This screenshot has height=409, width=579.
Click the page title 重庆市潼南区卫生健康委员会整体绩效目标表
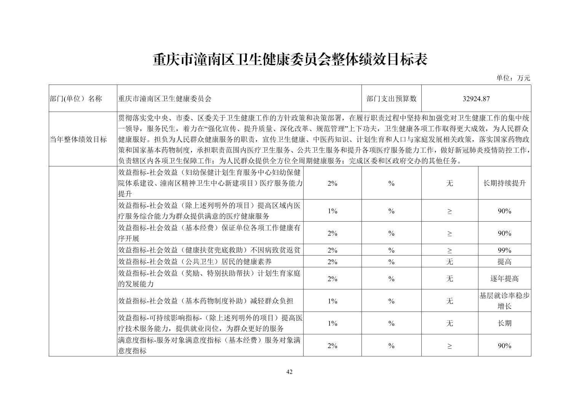[289, 59]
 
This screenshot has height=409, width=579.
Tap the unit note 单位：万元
[513, 78]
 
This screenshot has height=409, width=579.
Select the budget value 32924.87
[476, 99]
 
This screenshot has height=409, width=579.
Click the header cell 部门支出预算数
[391, 99]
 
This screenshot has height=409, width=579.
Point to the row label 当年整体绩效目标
[78, 139]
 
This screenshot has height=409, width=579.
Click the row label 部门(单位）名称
[76, 99]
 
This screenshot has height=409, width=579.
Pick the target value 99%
[504, 250]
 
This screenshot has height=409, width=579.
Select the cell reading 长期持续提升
[504, 183]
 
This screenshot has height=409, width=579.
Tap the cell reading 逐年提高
[504, 279]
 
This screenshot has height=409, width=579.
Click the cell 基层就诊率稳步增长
[504, 301]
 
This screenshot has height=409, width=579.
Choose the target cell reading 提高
[504, 262]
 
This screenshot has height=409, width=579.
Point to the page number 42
[289, 372]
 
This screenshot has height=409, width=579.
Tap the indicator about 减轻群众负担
[205, 301]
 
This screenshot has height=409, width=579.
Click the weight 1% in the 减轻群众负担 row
[332, 301]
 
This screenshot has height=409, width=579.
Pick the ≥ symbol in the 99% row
[449, 250]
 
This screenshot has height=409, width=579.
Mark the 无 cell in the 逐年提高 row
[449, 279]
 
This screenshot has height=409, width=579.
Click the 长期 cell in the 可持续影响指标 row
[504, 323]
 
